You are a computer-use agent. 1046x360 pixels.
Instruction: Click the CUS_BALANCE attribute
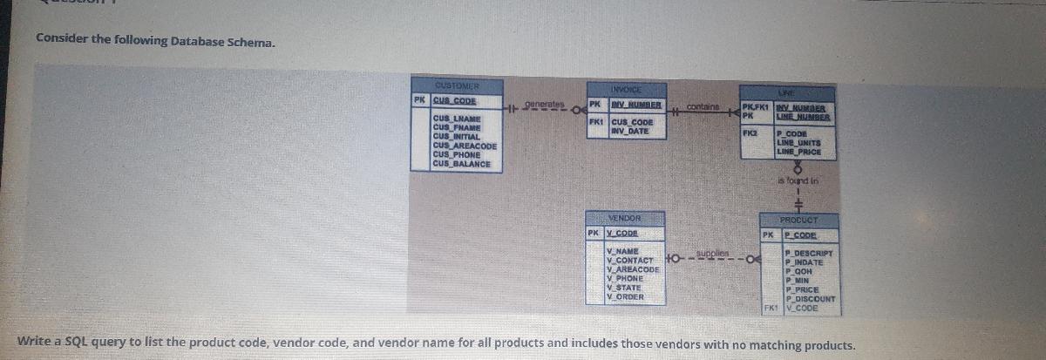click(461, 163)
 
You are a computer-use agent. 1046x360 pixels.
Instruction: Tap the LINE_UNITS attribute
click(798, 145)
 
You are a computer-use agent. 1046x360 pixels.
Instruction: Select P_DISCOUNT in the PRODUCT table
click(810, 299)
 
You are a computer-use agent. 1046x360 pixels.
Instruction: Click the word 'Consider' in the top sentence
click(58, 39)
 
